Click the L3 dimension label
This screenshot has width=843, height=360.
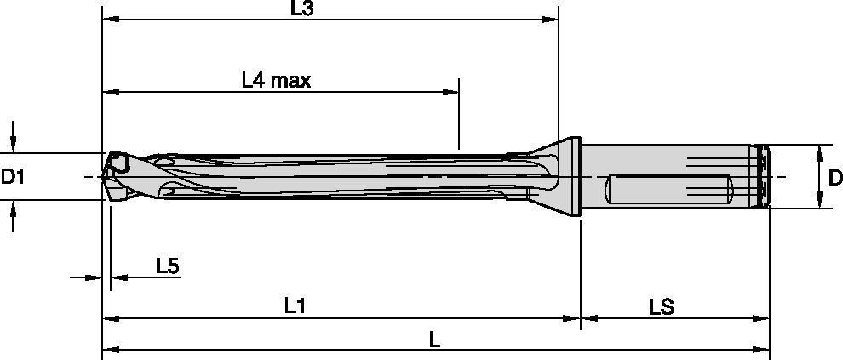pos(301,9)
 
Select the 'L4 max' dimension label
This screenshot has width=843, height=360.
pos(275,81)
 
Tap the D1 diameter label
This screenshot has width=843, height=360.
pos(13,177)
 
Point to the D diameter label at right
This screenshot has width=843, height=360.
pos(834,177)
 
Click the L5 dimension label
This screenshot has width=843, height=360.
pos(167,266)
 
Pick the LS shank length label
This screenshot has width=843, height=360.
pos(661,306)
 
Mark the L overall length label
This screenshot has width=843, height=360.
pos(434,339)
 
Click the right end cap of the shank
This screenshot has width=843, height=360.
pos(763,177)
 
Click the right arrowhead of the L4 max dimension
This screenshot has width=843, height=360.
pos(453,92)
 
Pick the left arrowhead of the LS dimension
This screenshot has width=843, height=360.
pos(587,319)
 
